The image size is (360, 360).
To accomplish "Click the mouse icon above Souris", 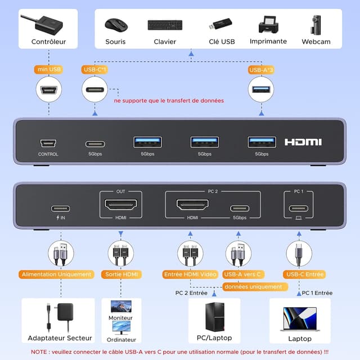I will click(115, 25).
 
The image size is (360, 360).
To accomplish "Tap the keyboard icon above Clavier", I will click(165, 25).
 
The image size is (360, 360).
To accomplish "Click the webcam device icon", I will click(309, 25).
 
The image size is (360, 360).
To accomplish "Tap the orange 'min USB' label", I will click(48, 70).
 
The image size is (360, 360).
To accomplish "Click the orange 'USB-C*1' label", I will click(95, 70).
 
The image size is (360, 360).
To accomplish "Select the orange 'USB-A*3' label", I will click(261, 70).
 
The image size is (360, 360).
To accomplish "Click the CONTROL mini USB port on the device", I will click(48, 143).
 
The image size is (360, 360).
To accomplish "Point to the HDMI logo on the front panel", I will click(303, 142).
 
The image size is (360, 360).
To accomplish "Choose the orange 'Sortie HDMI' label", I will click(121, 274).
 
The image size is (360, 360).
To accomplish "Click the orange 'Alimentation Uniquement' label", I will click(56, 274).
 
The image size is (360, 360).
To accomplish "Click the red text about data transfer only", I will click(169, 101).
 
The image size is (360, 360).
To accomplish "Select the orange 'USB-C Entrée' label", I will click(305, 274).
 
